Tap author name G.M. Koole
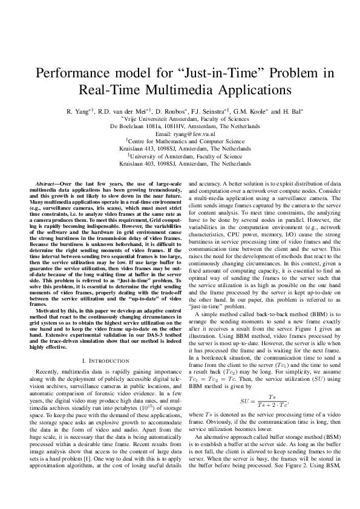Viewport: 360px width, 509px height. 243,112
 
